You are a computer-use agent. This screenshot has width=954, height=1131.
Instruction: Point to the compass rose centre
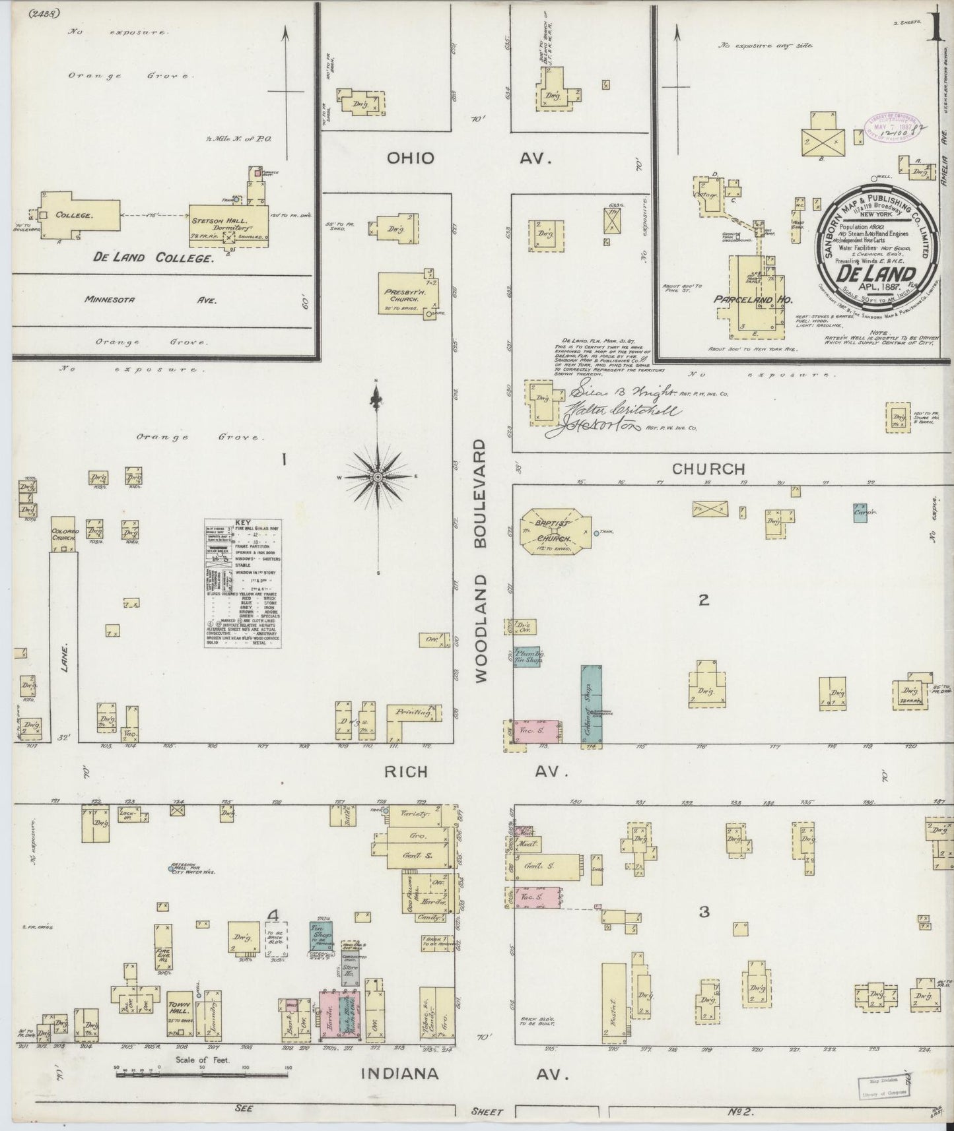coord(377,476)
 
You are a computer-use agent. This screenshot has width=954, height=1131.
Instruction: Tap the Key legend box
coord(243,582)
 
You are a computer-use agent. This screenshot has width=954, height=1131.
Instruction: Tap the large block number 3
coord(704,911)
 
